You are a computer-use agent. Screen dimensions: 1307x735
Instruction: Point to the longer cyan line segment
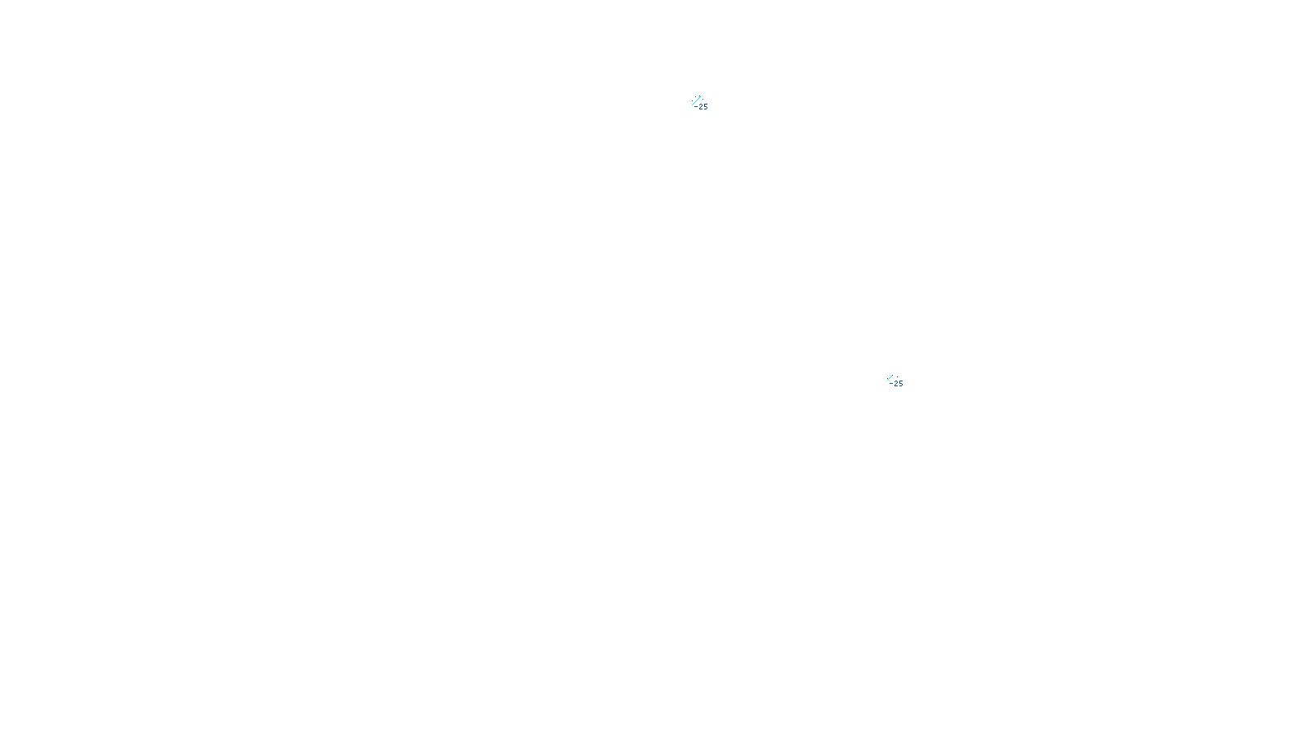point(697,100)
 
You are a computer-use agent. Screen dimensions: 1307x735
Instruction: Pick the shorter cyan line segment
point(890,377)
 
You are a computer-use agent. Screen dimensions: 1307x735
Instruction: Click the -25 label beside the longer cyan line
point(702,107)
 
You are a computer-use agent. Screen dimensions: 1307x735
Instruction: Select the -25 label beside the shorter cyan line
point(897,384)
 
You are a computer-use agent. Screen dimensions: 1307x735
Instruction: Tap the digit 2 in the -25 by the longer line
point(701,107)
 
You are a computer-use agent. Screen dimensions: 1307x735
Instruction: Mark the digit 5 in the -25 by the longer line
point(706,107)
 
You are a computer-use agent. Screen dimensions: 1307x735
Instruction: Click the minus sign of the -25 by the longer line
point(696,107)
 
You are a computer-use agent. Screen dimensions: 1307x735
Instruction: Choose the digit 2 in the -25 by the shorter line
point(896,384)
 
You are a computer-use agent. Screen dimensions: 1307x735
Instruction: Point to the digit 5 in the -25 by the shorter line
point(901,384)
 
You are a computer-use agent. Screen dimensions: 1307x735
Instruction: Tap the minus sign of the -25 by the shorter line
point(891,384)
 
